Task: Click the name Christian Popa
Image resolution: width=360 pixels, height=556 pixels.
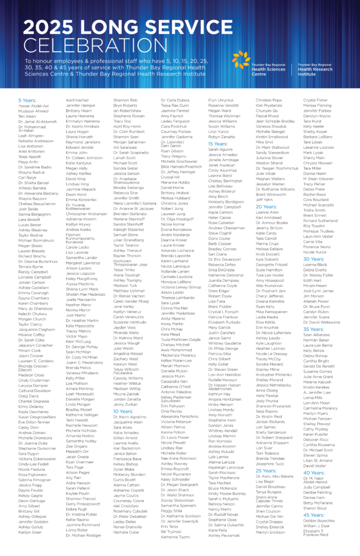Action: point(269,100)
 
